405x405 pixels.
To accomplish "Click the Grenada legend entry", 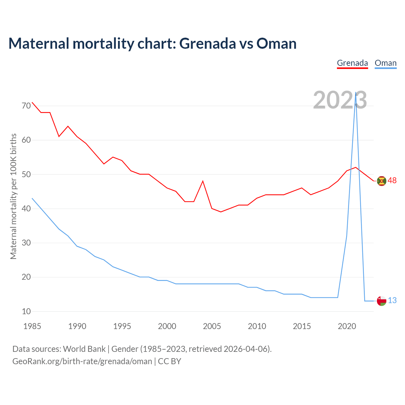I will coord(352,63).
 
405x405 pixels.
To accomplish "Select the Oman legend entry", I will coord(385,63).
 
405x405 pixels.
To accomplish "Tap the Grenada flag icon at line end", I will coord(382,181).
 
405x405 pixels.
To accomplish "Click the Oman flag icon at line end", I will coord(382,301).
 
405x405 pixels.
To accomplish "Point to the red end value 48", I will coord(392,180).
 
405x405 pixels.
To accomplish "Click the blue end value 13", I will coord(392,300).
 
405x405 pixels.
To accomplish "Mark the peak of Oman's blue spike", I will coord(356,93).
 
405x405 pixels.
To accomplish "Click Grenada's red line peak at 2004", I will coord(203,181).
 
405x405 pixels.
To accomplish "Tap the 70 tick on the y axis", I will coord(26,106).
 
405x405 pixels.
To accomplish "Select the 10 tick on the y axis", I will coord(26,311).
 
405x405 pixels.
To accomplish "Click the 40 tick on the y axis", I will coord(26,209).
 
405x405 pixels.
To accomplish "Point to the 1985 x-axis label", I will coord(32,326).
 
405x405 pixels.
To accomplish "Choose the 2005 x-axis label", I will coord(212,326).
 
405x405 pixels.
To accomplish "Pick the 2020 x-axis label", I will coord(347,326).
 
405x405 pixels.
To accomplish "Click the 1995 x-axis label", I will coord(122,326).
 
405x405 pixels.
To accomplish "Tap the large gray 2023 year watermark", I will coord(340,100).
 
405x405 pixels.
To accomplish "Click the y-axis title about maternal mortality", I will coord(13,196).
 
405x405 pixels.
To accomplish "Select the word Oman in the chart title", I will coord(276,43).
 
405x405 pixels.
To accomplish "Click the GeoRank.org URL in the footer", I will coord(82,361).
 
